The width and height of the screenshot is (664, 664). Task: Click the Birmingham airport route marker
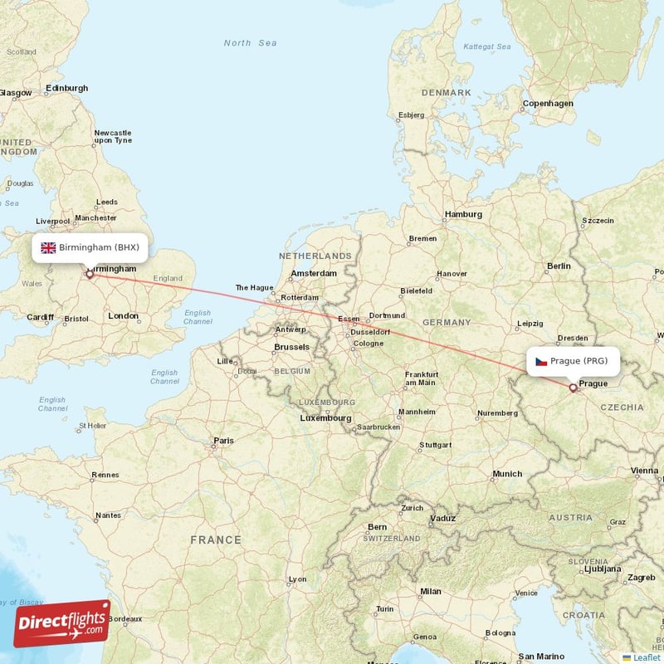[x=89, y=273]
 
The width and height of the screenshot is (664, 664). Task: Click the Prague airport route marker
[x=573, y=388]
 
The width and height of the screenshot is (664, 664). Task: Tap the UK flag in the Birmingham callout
[x=48, y=247]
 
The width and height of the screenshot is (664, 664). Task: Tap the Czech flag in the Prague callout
[x=541, y=361]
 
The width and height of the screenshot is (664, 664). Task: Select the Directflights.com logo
[x=62, y=623]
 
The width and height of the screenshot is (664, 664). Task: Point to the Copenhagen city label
[x=547, y=104]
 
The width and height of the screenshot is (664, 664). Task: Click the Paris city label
[x=223, y=441]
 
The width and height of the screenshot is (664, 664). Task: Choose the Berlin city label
[x=559, y=266]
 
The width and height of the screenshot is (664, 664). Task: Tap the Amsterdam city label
[x=314, y=273]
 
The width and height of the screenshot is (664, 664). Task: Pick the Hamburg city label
[x=463, y=214]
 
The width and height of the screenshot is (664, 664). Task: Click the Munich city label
[x=507, y=474]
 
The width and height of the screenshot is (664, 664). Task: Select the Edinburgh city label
[x=66, y=88]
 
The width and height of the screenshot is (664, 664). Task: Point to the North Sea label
[x=250, y=43]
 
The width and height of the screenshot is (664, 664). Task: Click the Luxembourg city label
[x=325, y=418]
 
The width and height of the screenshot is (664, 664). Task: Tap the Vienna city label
[x=644, y=471]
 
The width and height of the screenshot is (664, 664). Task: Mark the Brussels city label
[x=291, y=347]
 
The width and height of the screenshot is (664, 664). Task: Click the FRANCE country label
[x=216, y=539]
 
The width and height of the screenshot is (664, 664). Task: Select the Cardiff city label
[x=39, y=317]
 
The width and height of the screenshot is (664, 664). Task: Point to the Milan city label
[x=431, y=591]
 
